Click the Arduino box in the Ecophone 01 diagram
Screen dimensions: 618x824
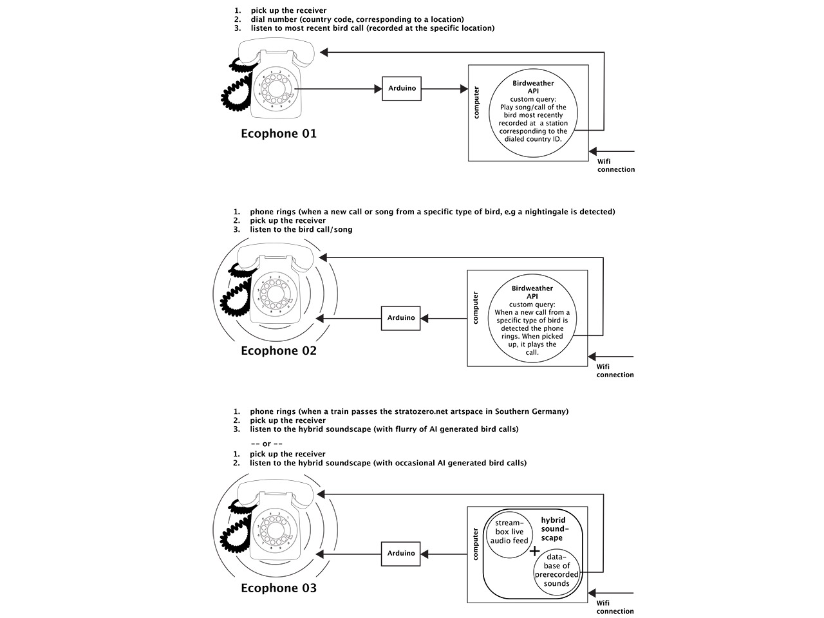point(402,88)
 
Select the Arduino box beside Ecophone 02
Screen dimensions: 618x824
point(401,318)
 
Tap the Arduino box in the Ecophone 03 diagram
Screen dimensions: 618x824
point(401,554)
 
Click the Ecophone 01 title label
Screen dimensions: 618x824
point(279,134)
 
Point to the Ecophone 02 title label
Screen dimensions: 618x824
point(279,351)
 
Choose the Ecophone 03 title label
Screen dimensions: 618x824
point(279,588)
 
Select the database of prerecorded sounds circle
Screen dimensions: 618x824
point(557,570)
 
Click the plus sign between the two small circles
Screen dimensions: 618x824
point(534,551)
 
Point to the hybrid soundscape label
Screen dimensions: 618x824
point(552,529)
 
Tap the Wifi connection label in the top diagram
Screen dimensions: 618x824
point(615,165)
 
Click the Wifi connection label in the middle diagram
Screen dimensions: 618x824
point(615,370)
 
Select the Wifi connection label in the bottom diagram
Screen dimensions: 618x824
point(615,607)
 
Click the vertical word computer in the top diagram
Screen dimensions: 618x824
point(476,103)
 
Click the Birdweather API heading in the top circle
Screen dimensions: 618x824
point(533,87)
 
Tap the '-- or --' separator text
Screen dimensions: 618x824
point(267,444)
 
